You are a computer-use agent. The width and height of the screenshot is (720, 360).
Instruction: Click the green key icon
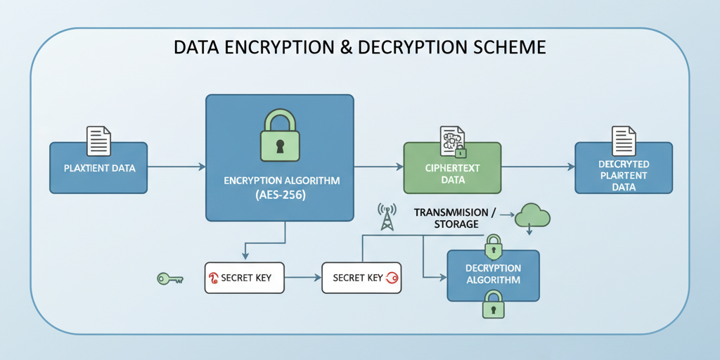[169, 279]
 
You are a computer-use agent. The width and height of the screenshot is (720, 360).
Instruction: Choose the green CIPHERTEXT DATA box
[452, 169]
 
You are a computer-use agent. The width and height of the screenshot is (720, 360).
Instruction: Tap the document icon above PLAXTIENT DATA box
[98, 141]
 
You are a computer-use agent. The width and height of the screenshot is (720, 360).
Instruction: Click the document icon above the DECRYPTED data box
[624, 141]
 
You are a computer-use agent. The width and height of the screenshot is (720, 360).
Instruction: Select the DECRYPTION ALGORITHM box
[493, 275]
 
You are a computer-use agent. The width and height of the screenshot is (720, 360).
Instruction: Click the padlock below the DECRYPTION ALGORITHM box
[493, 307]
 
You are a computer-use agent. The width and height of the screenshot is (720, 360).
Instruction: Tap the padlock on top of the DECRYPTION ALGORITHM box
[494, 246]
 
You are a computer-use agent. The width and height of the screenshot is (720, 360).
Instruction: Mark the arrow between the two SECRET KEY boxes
[302, 278]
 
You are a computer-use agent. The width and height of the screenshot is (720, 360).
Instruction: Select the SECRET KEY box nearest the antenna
[360, 278]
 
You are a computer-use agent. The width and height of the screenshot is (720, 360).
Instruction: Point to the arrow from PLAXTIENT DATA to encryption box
[176, 167]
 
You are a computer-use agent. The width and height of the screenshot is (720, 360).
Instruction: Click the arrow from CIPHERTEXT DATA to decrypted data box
[538, 167]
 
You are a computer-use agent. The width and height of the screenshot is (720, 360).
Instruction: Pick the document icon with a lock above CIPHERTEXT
[451, 141]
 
